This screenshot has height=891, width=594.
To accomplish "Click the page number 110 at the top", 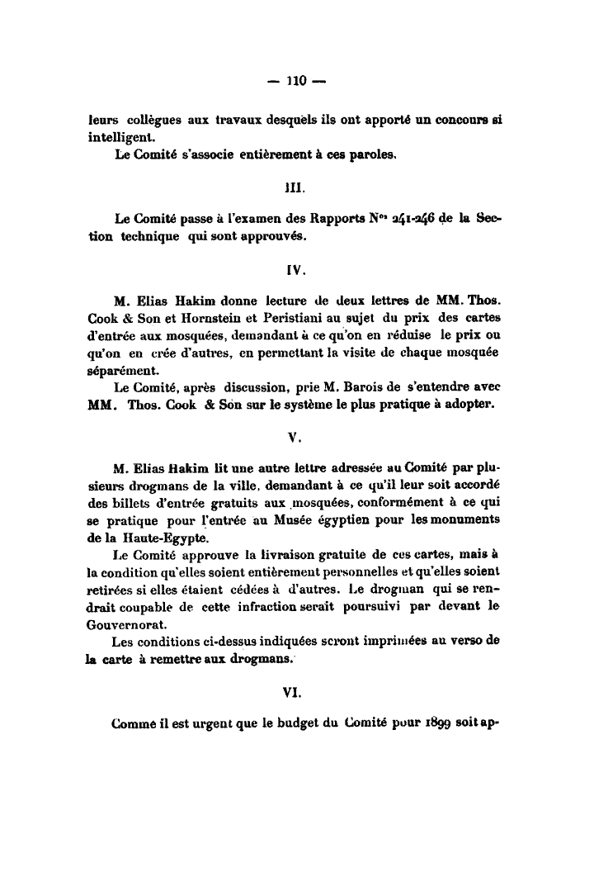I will (296, 81).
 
